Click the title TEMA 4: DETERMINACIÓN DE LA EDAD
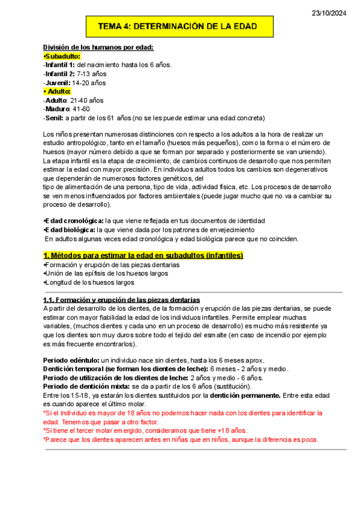178,27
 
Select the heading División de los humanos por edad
98,47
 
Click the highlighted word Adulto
58,91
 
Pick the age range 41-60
80,109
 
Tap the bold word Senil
54,118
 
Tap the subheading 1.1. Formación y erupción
122,300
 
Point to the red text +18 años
229,430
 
